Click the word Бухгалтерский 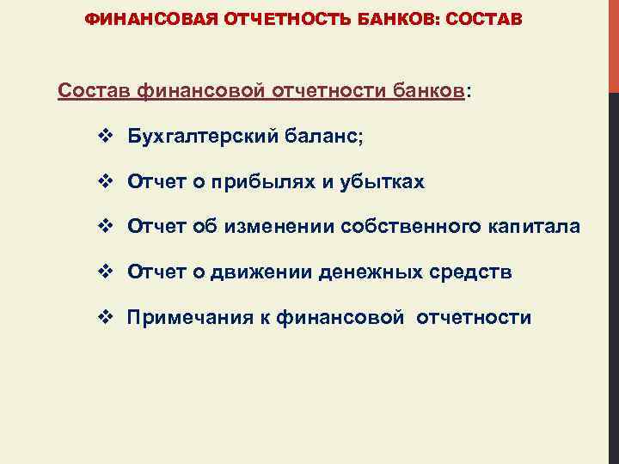190,136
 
